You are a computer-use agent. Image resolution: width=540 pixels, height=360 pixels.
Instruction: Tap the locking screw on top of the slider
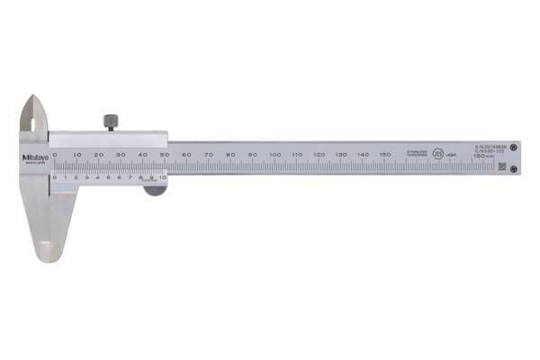coord(111,121)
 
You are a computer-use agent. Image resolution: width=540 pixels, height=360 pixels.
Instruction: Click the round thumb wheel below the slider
coord(154,187)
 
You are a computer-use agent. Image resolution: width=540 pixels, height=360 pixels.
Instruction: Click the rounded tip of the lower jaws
coord(50,256)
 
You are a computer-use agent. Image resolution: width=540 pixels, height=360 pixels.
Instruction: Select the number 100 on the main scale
coord(274,155)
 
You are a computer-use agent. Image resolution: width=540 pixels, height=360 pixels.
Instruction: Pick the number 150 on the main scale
coord(384,155)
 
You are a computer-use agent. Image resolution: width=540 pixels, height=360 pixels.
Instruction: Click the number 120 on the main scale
coord(319,155)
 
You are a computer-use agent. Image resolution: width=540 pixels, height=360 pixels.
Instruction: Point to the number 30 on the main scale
coord(121,155)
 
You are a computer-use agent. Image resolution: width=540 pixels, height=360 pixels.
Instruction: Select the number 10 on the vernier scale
coord(163,177)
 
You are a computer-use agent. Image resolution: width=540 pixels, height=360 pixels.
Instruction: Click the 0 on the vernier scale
coord(55,177)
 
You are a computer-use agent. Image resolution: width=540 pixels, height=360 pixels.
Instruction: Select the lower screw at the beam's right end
coord(513,168)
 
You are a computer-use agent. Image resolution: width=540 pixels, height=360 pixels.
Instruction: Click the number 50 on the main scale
coord(165,155)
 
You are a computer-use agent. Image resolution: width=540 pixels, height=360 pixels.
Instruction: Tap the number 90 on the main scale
coord(253,155)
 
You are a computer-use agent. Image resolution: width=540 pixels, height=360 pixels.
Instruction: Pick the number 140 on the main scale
coord(363,155)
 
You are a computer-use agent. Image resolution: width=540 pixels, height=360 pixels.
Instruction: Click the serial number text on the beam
coord(491,146)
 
